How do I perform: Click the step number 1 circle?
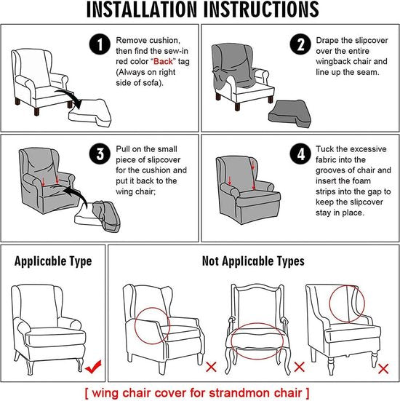click(x=100, y=44)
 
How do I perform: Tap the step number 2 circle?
click(x=300, y=44)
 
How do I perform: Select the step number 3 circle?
click(x=100, y=154)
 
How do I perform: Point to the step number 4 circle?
click(x=300, y=154)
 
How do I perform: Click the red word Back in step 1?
click(x=163, y=61)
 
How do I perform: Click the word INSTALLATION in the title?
click(x=141, y=9)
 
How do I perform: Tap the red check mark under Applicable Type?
click(x=93, y=367)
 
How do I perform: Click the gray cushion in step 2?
click(x=290, y=114)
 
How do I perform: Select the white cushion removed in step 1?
click(x=90, y=113)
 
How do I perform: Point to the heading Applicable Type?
click(x=53, y=261)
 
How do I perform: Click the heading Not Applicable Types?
click(x=253, y=261)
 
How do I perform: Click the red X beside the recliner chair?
click(x=211, y=367)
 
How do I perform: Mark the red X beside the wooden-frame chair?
click(x=300, y=367)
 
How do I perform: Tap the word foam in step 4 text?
click(x=361, y=180)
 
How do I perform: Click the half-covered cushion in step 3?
click(x=97, y=216)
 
